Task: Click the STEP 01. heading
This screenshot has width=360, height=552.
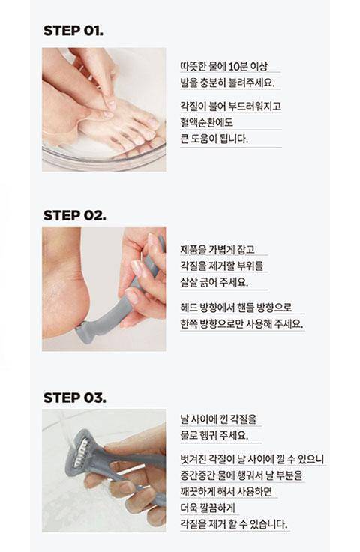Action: pos(73,31)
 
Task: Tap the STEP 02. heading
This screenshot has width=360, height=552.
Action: pos(74,215)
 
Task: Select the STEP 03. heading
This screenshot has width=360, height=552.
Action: pos(74,397)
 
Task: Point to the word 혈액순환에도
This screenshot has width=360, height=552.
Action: pos(206,122)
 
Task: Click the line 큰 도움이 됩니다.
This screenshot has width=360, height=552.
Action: pos(214,139)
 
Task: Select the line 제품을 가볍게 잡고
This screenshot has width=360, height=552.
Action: pos(217,250)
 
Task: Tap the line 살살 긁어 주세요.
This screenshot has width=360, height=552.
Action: pos(214,282)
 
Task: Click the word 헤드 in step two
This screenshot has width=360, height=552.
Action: pos(188,307)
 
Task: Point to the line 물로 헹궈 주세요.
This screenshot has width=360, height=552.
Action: pos(214,435)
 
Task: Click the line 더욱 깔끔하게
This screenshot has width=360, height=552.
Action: pos(207,508)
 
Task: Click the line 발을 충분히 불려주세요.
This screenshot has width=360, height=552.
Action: pos(227,83)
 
